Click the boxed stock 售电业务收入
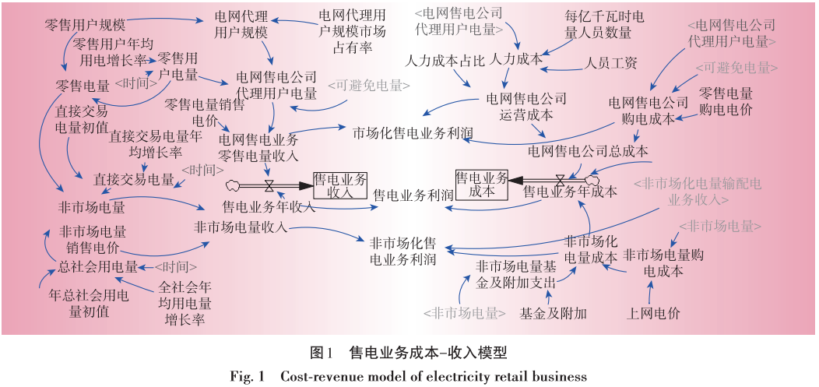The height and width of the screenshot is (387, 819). coord(339,186)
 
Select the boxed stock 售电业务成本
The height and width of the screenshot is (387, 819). coord(481,185)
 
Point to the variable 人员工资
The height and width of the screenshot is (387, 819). coord(611,62)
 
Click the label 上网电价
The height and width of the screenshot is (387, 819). coord(653,314)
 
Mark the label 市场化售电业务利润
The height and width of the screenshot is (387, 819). coord(413,132)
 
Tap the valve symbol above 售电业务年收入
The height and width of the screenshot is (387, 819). coord(269,186)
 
